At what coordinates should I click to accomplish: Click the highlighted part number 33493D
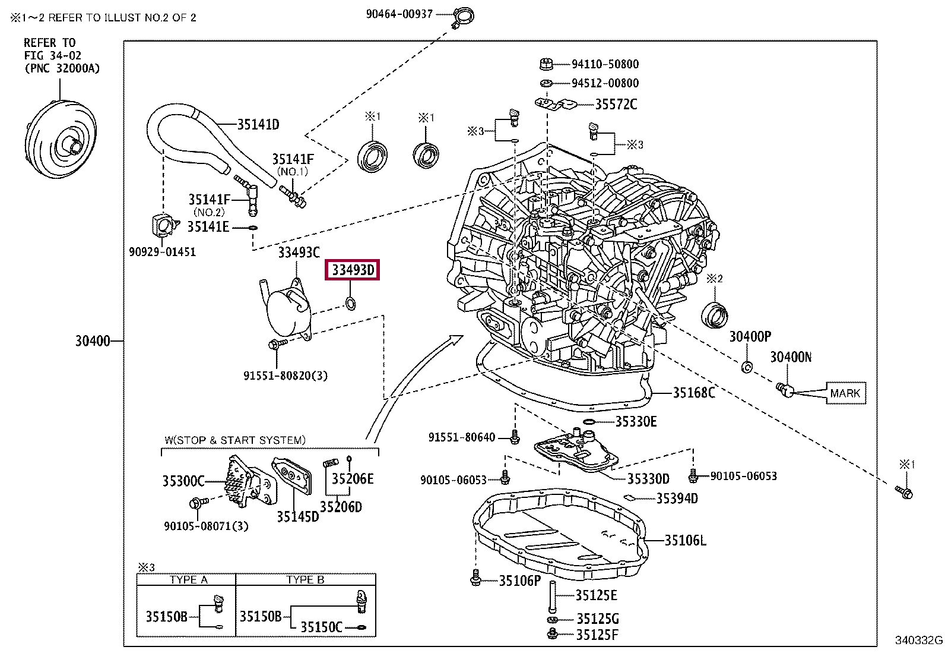352,270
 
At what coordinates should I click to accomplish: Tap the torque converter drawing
61,140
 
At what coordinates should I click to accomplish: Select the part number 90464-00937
399,14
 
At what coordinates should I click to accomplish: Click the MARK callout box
845,393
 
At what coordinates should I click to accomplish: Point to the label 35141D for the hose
258,124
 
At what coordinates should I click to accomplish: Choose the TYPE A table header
189,579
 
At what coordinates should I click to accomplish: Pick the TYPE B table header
305,579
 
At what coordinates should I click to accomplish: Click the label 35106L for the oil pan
685,540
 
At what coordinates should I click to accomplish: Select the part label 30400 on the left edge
93,340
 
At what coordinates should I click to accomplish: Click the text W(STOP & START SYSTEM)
235,440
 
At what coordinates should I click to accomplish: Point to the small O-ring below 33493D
350,303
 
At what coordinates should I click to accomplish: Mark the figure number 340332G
918,641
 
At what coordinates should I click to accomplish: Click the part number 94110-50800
605,64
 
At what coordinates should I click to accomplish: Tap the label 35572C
616,104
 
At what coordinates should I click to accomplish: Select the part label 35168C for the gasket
693,393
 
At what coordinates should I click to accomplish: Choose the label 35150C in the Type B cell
321,627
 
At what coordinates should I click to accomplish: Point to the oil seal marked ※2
714,314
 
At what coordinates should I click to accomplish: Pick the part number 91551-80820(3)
285,375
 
